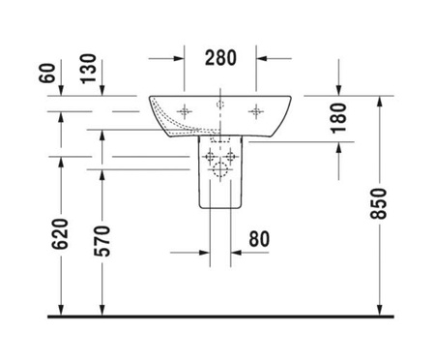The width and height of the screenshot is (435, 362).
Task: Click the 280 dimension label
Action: (x=220, y=58)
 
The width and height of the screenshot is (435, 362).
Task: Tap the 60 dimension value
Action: (x=47, y=73)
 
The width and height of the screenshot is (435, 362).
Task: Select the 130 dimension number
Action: (x=88, y=69)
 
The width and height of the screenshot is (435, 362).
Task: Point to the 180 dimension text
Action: (x=338, y=118)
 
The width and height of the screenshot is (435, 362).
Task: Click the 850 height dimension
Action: (x=378, y=204)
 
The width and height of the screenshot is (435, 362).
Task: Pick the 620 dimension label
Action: (x=60, y=234)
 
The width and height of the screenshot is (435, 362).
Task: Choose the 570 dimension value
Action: (x=101, y=241)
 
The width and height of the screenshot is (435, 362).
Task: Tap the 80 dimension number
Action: (x=259, y=239)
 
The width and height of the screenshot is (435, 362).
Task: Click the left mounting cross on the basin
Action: (x=185, y=111)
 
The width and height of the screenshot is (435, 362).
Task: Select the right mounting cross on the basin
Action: (x=256, y=111)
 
